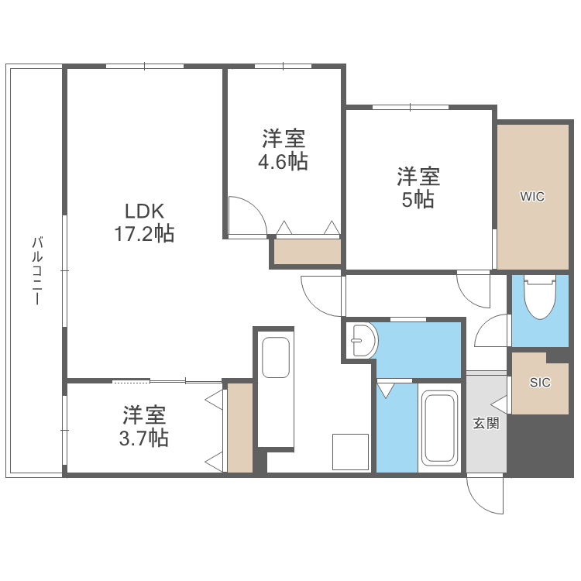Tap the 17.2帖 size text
[146, 233]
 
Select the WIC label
[532, 197]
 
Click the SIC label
[540, 383]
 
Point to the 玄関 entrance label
[486, 423]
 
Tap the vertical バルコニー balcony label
[36, 270]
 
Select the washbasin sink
[362, 340]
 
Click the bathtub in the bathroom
[439, 430]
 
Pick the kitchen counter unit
[274, 387]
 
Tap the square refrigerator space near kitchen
[350, 451]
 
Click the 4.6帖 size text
[284, 162]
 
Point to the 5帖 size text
[419, 199]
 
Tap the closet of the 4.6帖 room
[307, 252]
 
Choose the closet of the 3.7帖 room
[239, 428]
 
